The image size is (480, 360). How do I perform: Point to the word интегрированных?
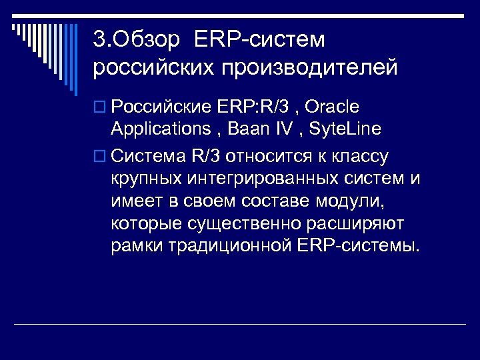pyautogui.click(x=260, y=179)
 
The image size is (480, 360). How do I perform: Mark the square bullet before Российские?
pyautogui.click(x=100, y=107)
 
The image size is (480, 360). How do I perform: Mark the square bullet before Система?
pyautogui.click(x=100, y=157)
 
